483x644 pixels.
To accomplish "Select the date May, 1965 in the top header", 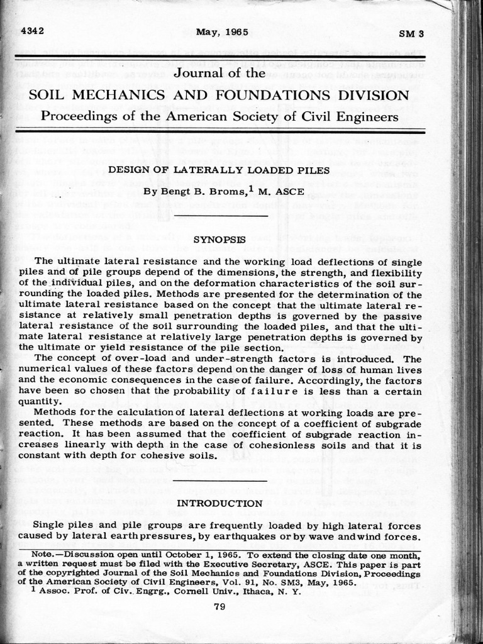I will [222, 31].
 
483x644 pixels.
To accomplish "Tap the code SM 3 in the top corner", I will [412, 33].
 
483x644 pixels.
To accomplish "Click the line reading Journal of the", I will [219, 73].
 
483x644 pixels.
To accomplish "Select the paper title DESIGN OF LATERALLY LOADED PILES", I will [218, 170].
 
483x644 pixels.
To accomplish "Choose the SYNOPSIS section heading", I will [218, 240].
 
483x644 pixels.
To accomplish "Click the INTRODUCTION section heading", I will [218, 503].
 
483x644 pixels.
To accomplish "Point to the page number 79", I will [219, 607].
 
